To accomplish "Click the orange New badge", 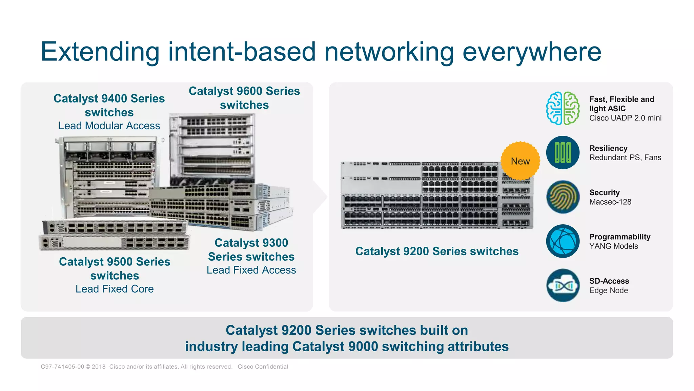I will pos(520,161).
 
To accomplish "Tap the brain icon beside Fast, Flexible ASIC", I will pos(563,108).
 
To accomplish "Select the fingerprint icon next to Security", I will pos(563,197).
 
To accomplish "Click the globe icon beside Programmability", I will pos(563,241).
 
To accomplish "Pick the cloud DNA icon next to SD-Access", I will pos(563,285).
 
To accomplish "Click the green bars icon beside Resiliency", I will pos(563,152).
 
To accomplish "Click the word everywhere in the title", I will pos(532,52).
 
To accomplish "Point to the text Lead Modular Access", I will pos(109,126).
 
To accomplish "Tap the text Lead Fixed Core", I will pos(115,289).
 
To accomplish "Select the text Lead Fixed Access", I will pos(251,270).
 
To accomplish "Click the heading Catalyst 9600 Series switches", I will pos(244,98).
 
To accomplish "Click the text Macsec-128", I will pos(610,202).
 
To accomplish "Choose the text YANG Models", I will pos(613,246).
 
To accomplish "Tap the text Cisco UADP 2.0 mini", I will pos(625,118).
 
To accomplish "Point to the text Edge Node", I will pos(608,291).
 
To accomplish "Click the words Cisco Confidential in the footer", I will pos(263,367).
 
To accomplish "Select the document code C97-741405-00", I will pos(62,367).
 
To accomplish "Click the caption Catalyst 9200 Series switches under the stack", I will pos(436,251).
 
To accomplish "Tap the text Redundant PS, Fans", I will pos(625,157).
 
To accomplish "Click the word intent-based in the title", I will pos(242,52).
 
